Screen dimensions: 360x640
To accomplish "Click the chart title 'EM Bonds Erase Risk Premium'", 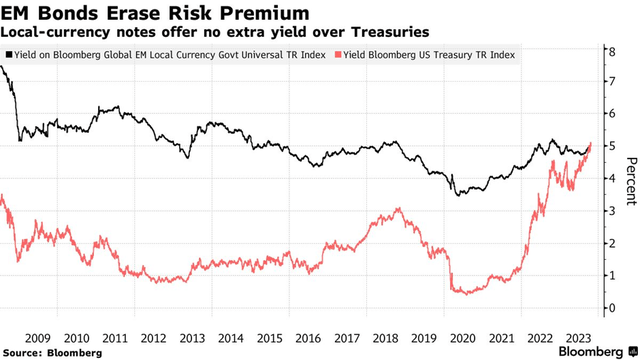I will (x=154, y=12).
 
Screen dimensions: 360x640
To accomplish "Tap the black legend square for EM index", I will (x=8, y=54).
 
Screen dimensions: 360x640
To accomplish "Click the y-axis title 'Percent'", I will (x=630, y=181).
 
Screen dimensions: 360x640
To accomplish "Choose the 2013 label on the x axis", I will (x=194, y=338).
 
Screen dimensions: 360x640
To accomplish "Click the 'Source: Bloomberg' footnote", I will (x=52, y=352).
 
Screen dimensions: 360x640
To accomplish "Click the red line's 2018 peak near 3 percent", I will (x=399, y=209).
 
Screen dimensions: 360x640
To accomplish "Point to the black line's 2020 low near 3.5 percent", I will (x=458, y=194).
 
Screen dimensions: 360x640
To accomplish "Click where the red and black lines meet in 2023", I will (x=590, y=146).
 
